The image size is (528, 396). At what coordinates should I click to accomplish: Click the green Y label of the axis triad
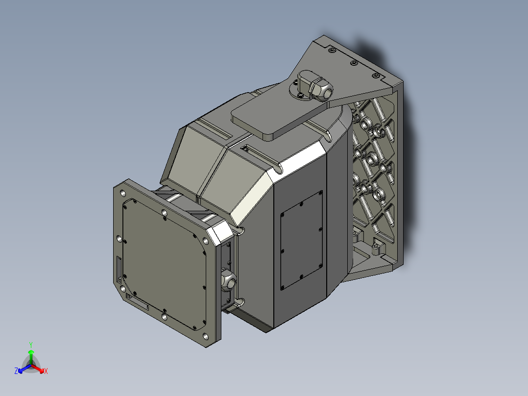[x=31, y=345]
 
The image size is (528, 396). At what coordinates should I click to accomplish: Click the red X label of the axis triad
[x=46, y=371]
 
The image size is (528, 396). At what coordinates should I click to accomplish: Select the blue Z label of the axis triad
[x=16, y=371]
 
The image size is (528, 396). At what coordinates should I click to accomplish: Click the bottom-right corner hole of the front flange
[x=205, y=336]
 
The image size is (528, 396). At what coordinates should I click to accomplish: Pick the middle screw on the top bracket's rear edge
[x=353, y=63]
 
